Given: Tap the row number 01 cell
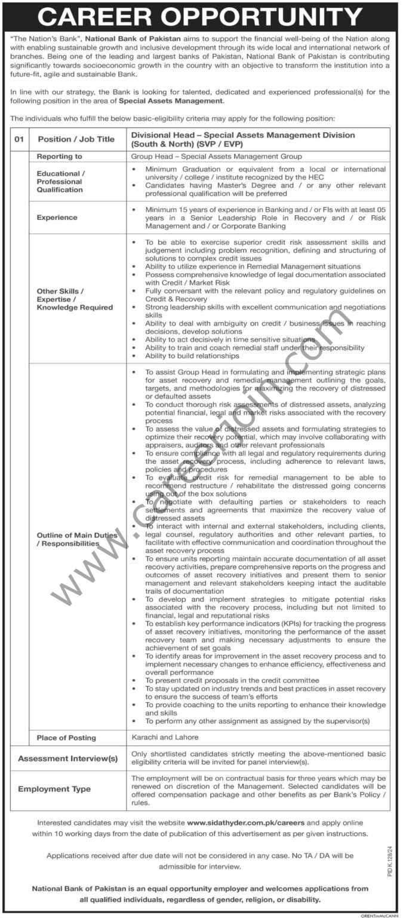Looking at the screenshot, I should pos(19,139).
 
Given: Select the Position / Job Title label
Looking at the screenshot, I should pos(76,139).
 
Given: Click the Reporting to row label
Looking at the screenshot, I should pos(60,157).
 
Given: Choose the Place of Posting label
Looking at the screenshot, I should pos(66,738).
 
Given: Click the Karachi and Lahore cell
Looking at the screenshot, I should pos(165,737).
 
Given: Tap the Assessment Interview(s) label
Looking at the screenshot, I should pos(67,758).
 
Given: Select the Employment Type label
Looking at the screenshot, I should pos(54,789).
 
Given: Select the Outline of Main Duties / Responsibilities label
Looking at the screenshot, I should pos(76,540).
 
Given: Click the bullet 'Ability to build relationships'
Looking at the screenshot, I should pos(192,356).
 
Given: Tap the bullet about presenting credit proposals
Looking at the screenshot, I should pos(232,680).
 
